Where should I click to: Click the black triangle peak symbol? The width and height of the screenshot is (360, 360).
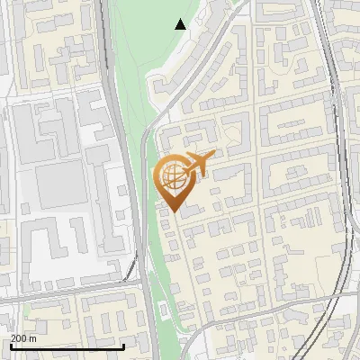(181, 24)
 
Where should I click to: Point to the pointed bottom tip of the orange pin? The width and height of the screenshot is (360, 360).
(172, 211)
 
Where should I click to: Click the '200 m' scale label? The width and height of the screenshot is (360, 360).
(23, 338)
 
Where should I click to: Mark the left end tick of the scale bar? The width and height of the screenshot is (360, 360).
(12, 346)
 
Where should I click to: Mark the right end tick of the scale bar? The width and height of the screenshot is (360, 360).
(123, 346)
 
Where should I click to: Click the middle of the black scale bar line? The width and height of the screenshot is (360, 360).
(67, 346)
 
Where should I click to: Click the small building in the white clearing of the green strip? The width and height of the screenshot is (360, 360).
(163, 311)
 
